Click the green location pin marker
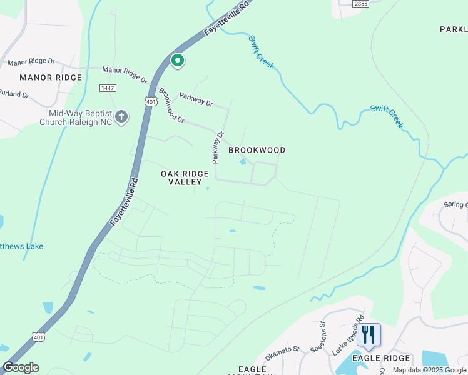point(178,61)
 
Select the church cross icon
point(121,116)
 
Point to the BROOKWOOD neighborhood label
point(257,150)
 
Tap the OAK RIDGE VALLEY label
point(185,177)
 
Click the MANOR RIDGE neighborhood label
point(51,77)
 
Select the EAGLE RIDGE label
point(380,358)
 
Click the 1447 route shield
point(108,88)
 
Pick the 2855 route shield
point(360,4)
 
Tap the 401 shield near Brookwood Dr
point(151,101)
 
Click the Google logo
point(21,367)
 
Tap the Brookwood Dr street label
point(171,105)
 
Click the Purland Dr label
point(14,94)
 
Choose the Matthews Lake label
point(22,246)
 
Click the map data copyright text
point(430,370)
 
